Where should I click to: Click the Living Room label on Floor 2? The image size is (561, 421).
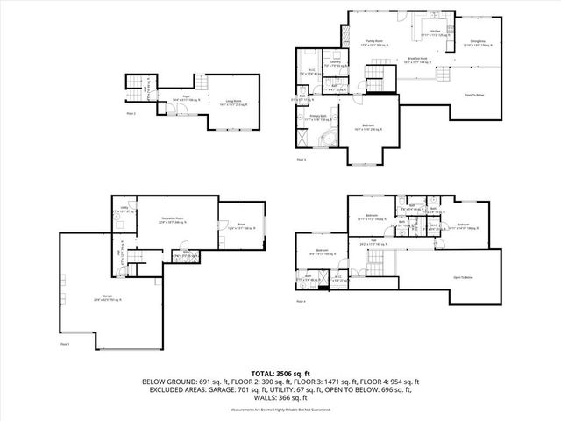click(x=231, y=102)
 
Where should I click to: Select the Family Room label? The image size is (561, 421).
click(x=352, y=41)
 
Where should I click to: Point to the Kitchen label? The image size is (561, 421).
click(x=434, y=32)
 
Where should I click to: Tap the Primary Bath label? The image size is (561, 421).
click(x=317, y=116)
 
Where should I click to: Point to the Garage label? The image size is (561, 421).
click(x=108, y=296)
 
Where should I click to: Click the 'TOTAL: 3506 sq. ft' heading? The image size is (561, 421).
click(x=280, y=374)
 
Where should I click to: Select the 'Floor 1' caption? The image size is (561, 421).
click(x=65, y=344)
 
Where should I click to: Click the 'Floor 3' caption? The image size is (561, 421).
click(x=301, y=159)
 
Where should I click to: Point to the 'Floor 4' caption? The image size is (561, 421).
click(x=301, y=302)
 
